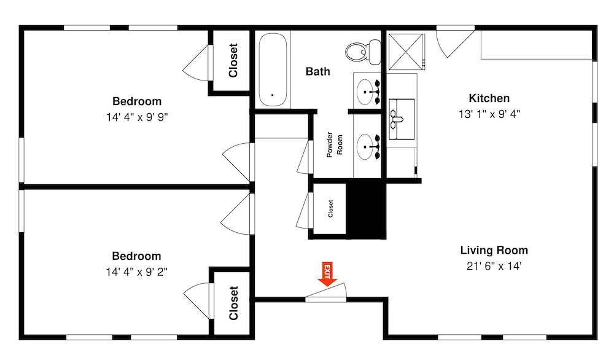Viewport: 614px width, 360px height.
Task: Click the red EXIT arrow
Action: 327,274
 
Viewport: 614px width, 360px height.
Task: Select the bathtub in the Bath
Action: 272,69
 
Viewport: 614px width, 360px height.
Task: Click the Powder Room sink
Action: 368,146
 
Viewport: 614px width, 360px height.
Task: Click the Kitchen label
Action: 489,98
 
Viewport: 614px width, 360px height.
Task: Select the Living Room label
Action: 494,251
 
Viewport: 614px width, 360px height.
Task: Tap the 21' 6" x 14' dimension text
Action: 494,267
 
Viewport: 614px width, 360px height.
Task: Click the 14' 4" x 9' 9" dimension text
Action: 136,117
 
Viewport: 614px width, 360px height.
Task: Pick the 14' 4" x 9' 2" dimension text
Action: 136,272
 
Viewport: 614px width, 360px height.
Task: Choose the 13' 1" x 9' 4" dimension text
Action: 489,114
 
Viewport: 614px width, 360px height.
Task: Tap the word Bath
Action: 317,72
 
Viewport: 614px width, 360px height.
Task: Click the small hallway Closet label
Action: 330,209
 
